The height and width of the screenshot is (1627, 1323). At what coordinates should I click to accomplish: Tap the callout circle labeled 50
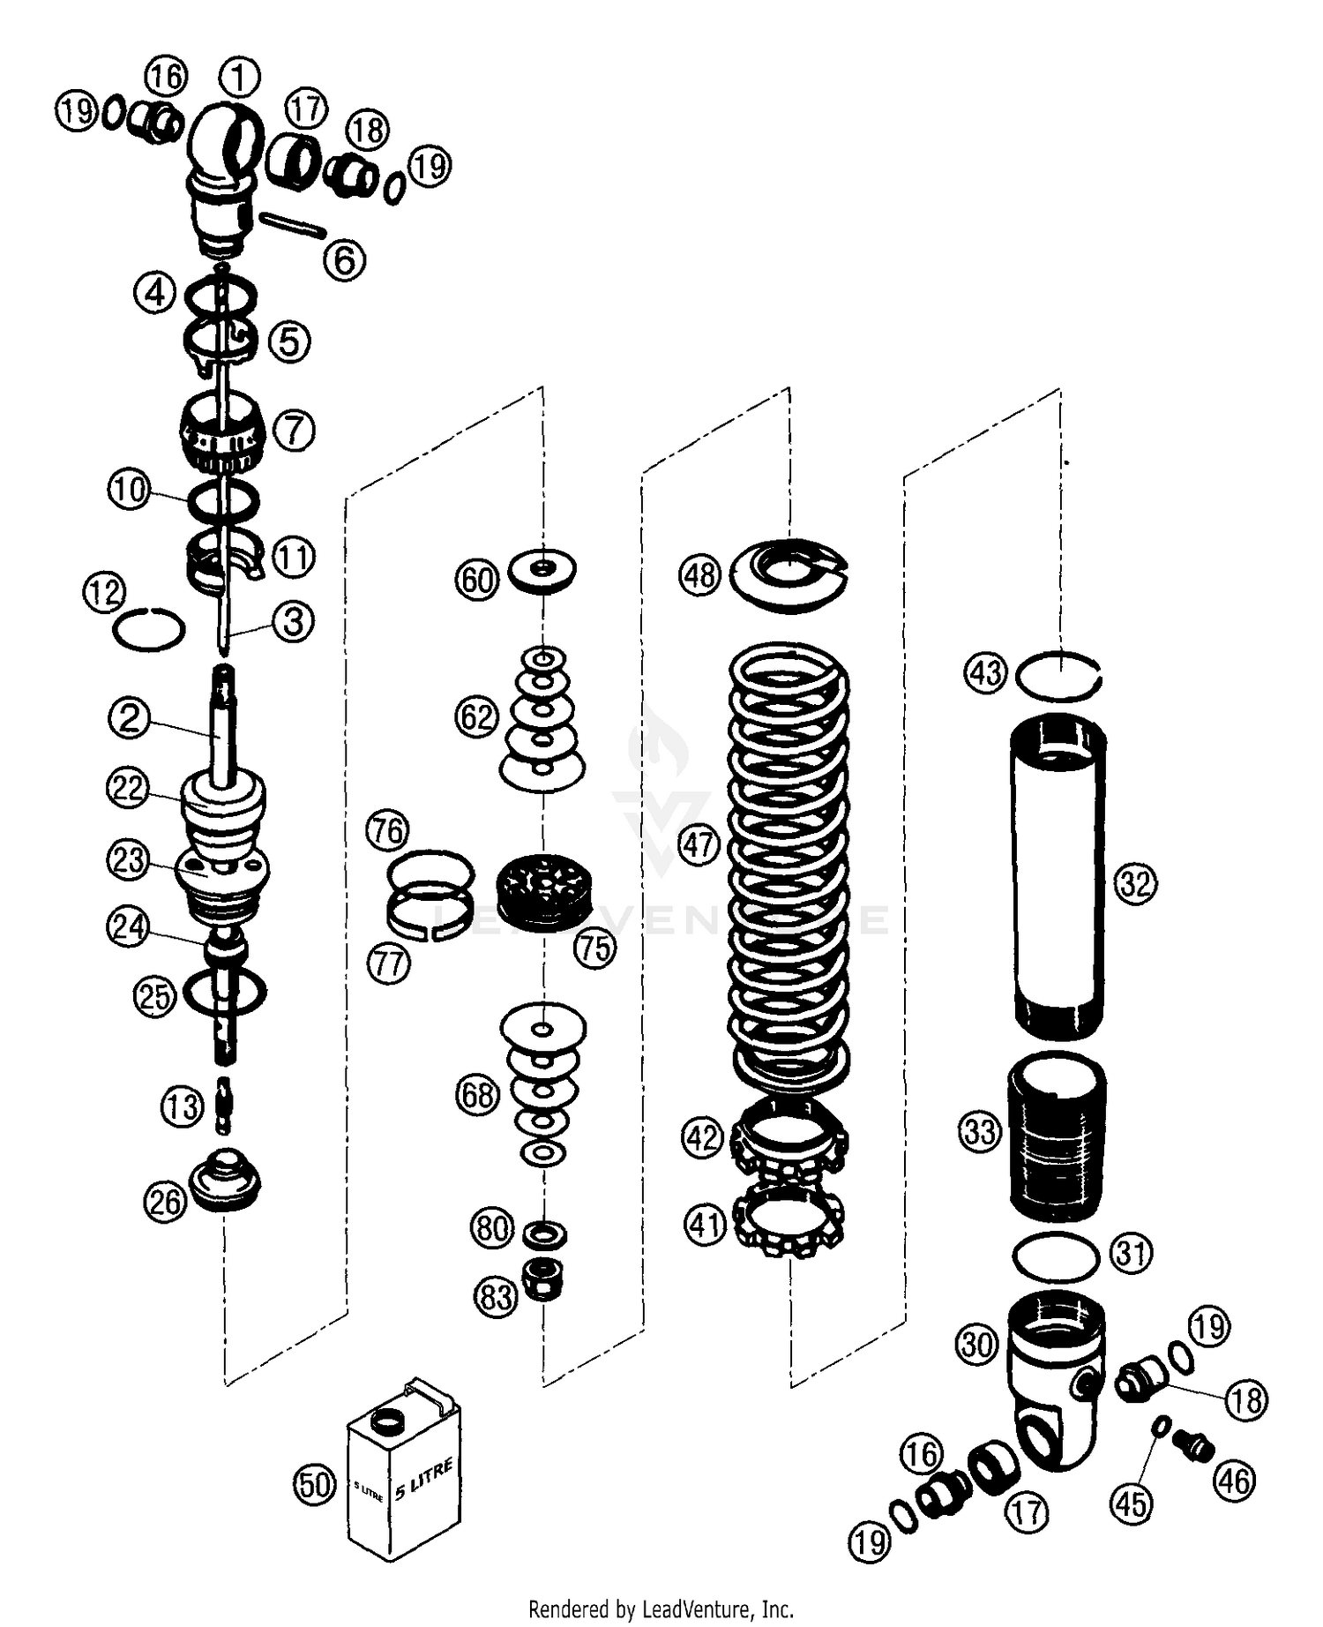click(x=315, y=1484)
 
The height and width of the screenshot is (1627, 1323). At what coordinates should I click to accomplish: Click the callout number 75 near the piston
click(x=595, y=948)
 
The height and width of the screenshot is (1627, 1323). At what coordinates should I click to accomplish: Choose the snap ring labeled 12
click(x=149, y=630)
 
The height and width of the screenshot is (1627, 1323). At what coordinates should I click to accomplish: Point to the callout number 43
click(x=985, y=673)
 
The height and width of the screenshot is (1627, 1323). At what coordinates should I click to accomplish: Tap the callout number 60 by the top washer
click(x=477, y=580)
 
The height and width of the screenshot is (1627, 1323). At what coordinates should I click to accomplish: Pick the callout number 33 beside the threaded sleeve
click(x=980, y=1131)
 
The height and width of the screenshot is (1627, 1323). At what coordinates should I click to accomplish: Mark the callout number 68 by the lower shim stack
click(x=477, y=1095)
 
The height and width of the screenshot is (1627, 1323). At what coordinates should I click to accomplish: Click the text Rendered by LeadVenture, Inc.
click(x=661, y=1608)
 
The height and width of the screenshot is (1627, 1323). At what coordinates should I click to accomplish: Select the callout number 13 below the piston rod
click(x=182, y=1106)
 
